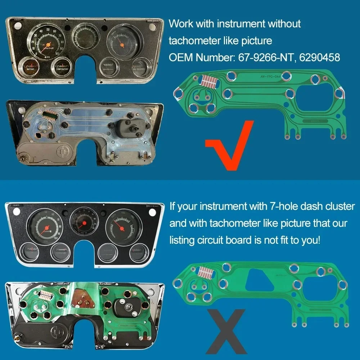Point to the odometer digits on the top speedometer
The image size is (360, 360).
coord(48,48)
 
